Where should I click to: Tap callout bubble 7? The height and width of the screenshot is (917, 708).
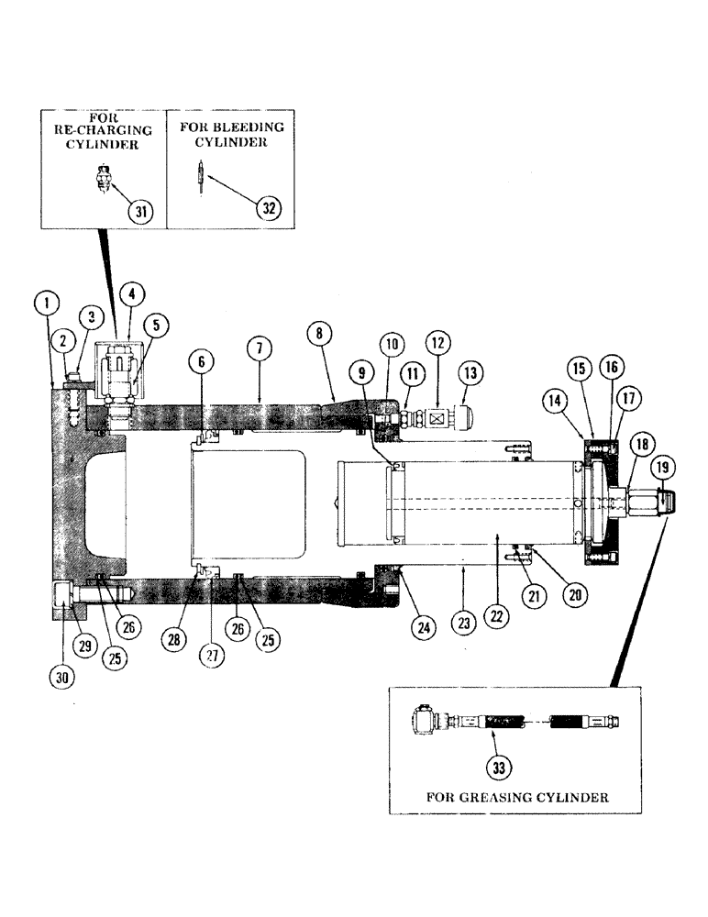(260, 348)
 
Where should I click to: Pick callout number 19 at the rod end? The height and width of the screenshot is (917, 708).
(664, 469)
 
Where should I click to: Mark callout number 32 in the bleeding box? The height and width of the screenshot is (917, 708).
(269, 207)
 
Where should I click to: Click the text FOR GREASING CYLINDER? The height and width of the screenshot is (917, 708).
(517, 797)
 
